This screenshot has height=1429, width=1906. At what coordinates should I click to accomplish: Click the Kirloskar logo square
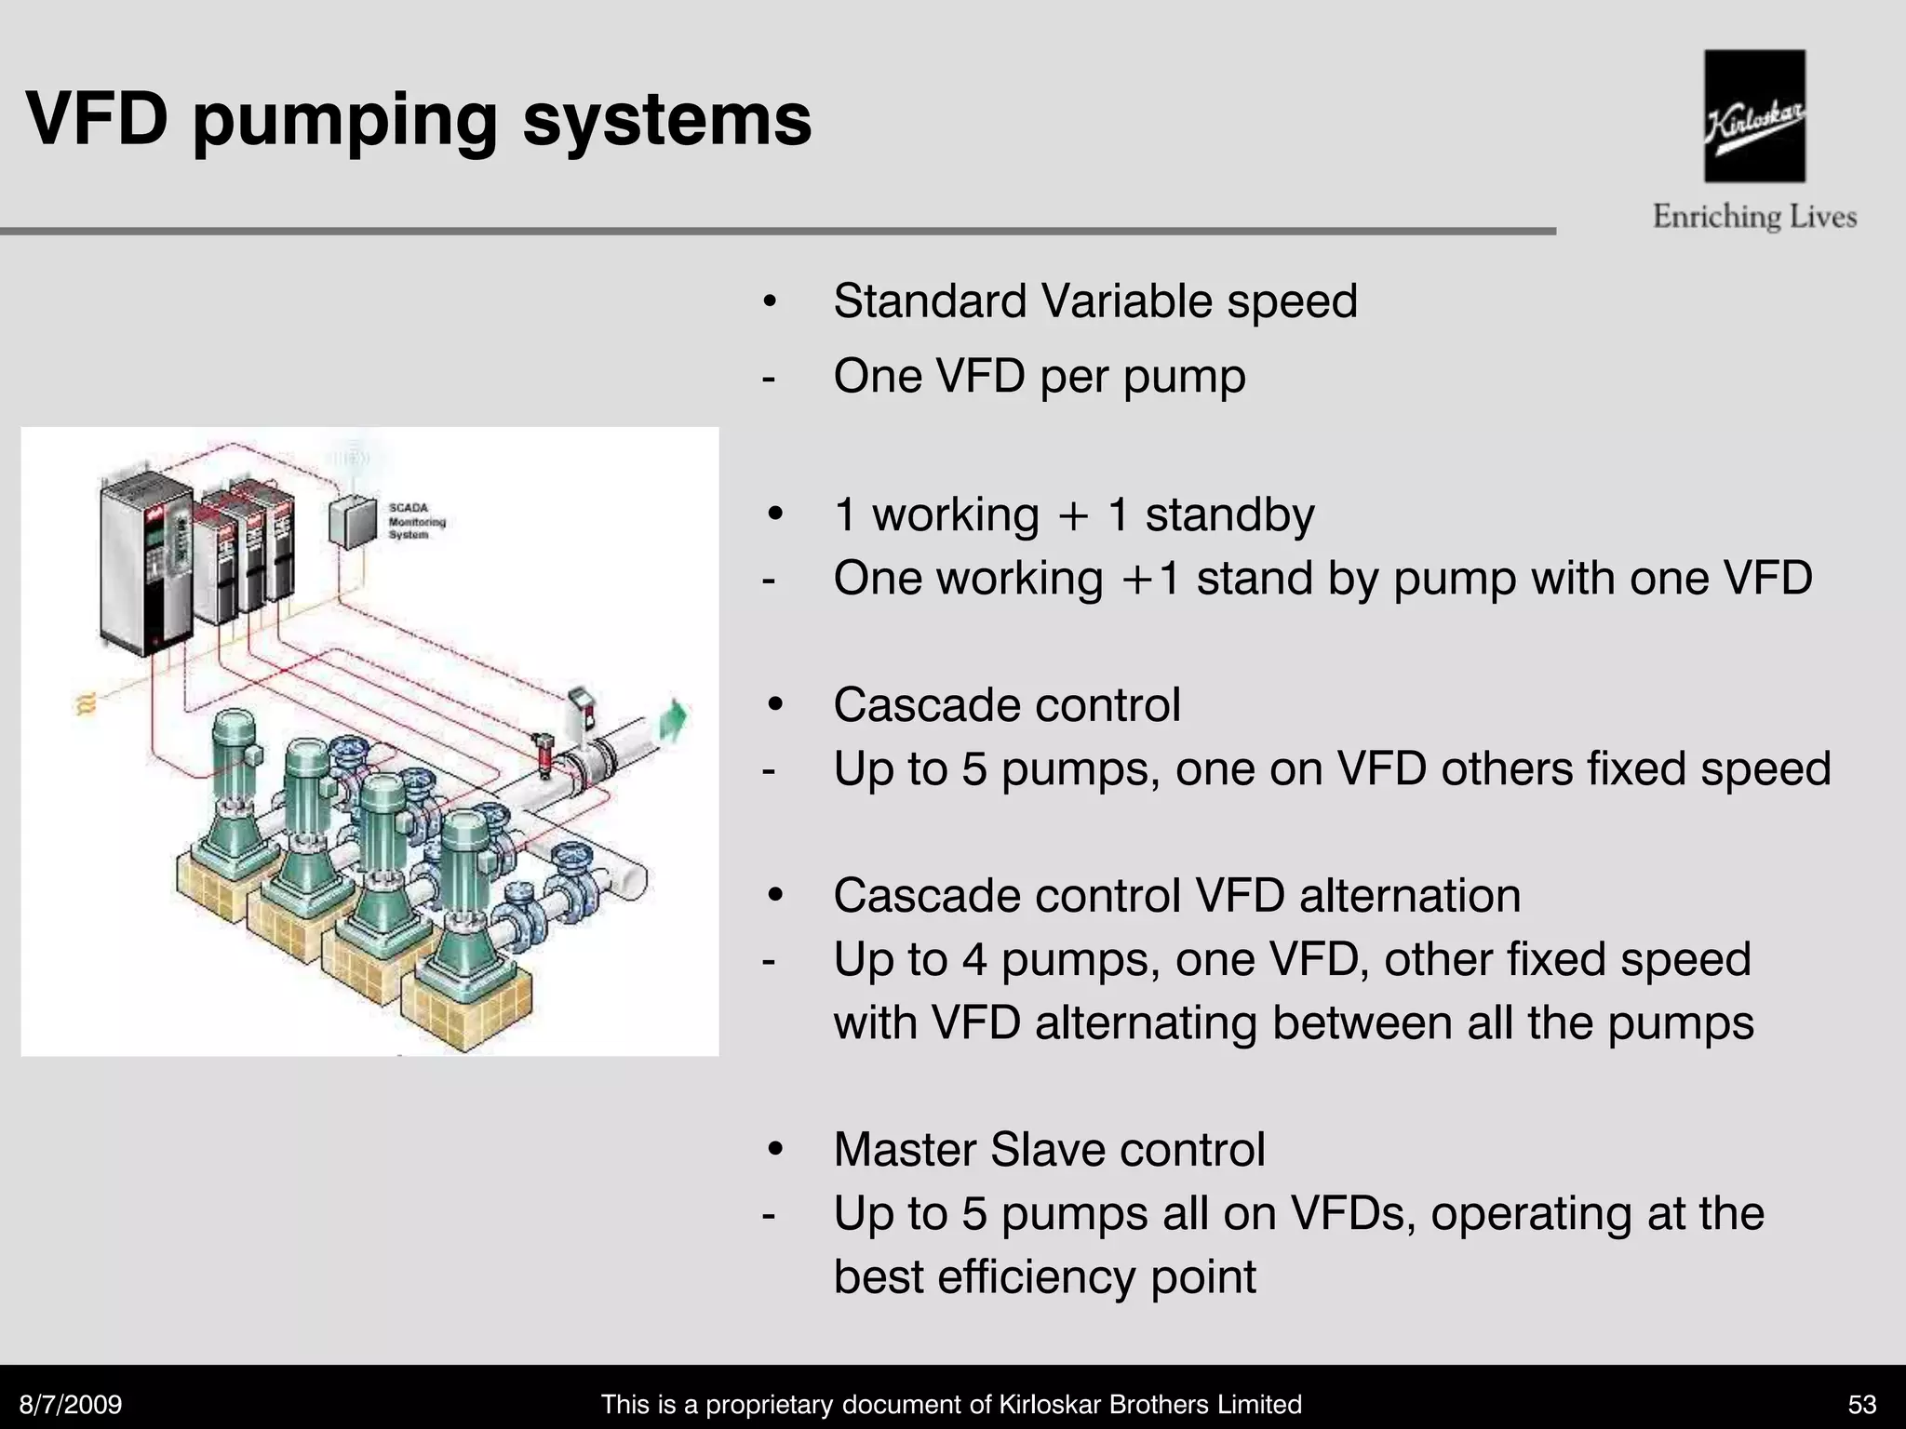click(1754, 116)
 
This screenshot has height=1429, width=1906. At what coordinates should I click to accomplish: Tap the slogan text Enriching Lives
click(1754, 218)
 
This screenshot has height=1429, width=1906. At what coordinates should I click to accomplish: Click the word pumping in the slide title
click(345, 121)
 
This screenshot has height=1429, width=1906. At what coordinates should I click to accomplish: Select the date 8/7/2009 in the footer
click(71, 1404)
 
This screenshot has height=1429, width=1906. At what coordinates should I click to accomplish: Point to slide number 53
click(1862, 1404)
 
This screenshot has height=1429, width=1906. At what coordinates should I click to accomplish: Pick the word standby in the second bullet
click(1229, 514)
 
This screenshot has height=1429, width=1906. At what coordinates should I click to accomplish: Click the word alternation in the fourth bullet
click(1410, 896)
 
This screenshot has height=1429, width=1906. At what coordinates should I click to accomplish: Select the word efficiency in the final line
click(1037, 1276)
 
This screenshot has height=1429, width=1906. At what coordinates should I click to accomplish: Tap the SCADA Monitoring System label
click(416, 521)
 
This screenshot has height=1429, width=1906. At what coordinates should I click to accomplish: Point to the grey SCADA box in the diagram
click(353, 524)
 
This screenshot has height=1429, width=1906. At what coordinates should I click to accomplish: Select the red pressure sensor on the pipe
click(543, 752)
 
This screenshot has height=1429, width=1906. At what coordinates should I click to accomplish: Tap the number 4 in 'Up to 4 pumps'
click(974, 959)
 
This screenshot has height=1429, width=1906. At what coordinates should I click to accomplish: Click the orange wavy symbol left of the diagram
click(86, 704)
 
